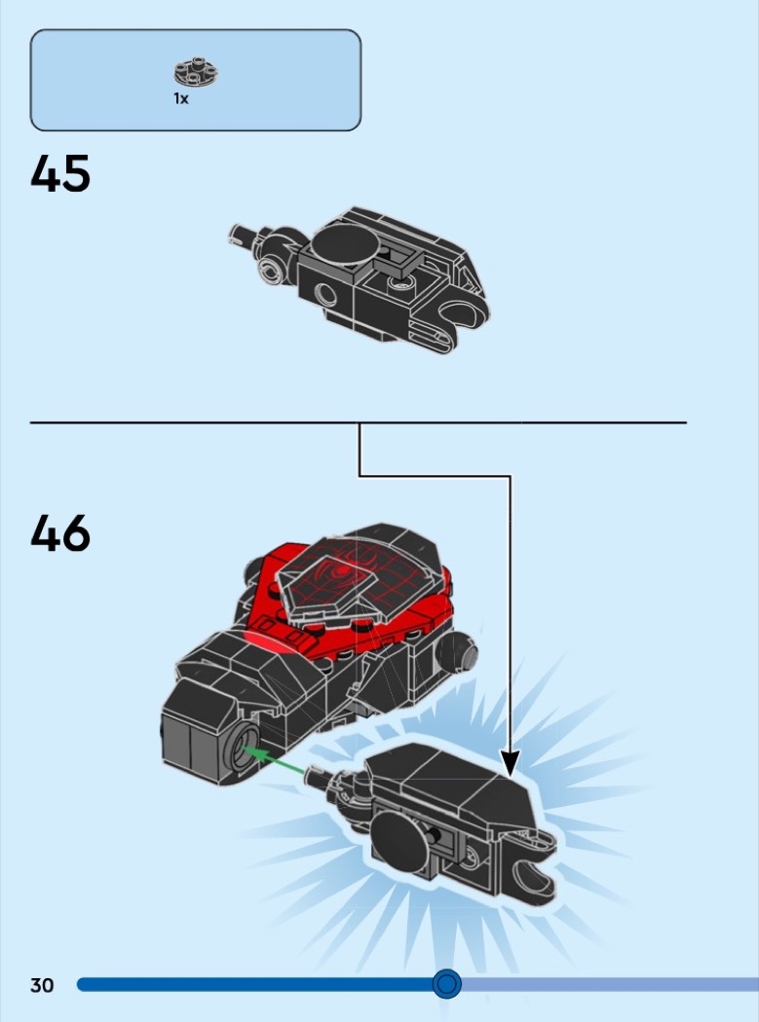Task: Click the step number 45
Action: (x=60, y=173)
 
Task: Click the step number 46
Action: (x=60, y=533)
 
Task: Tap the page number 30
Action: (x=42, y=985)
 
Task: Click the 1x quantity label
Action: (x=181, y=98)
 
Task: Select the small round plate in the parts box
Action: (x=196, y=72)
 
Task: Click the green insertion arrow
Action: (x=273, y=760)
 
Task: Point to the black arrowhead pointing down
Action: (x=511, y=762)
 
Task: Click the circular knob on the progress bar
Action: (x=446, y=983)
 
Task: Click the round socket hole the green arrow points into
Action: (x=243, y=748)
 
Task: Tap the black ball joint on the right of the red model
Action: (x=458, y=652)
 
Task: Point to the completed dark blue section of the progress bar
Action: (x=255, y=984)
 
